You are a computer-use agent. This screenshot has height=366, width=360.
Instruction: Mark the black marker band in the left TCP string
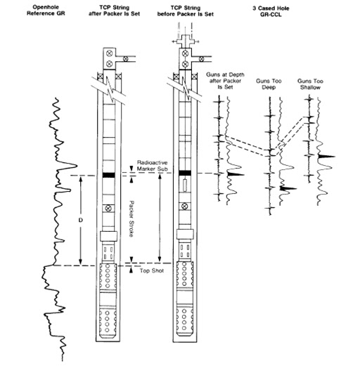point(108,174)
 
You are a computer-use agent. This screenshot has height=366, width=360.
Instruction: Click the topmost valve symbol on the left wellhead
point(108,53)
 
